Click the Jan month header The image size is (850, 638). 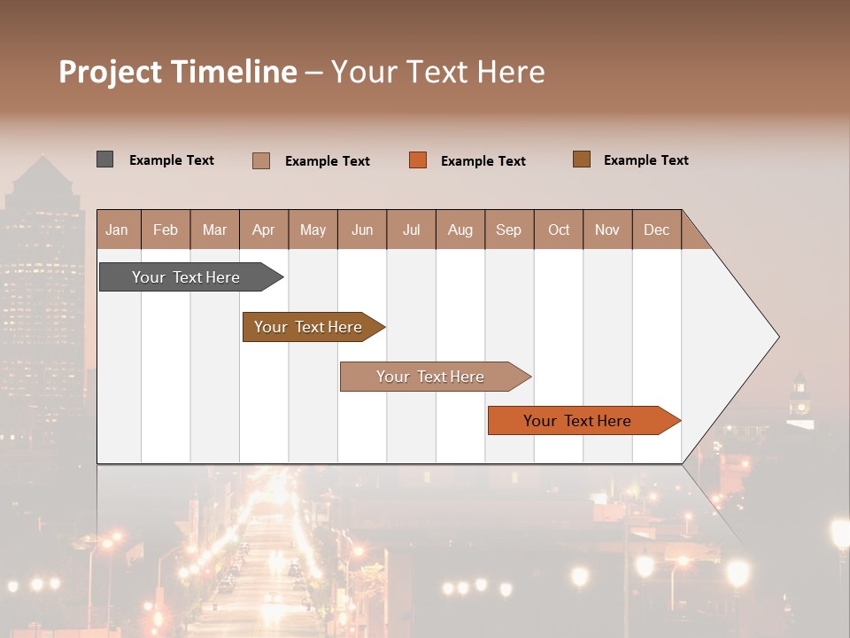point(117,230)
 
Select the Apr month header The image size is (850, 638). point(263,230)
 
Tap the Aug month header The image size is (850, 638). point(460,230)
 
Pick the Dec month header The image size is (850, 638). point(656,230)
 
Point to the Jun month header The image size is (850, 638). point(361,230)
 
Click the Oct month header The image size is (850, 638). point(558,230)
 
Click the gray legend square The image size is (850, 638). point(104,159)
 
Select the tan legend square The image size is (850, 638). point(260,160)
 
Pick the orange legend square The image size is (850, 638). point(418,160)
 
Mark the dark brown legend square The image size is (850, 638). point(581,159)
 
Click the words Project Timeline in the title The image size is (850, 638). point(177,72)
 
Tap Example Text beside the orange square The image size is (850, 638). point(483,161)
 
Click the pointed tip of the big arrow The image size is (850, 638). point(777,337)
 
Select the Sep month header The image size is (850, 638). point(508,230)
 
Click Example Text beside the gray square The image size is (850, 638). point(171,160)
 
